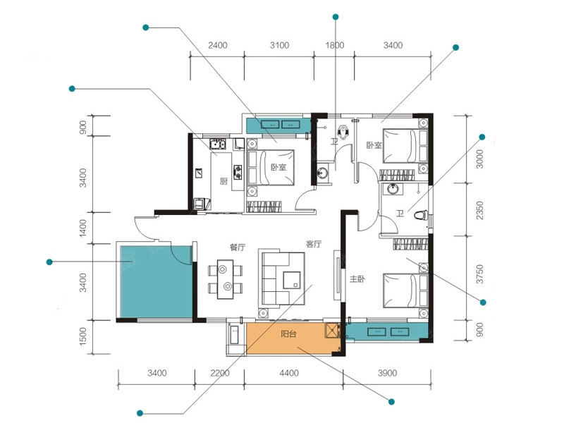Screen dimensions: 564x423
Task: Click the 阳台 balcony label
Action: [x=288, y=333]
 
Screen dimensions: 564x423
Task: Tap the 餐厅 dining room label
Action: [x=238, y=247]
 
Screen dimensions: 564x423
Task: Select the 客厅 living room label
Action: [x=313, y=244]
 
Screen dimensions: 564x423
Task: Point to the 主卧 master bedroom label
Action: [x=357, y=278]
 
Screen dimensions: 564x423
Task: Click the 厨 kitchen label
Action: [x=223, y=181]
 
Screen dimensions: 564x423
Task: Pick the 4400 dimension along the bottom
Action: [x=289, y=373]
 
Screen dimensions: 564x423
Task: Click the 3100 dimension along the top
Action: [x=279, y=45]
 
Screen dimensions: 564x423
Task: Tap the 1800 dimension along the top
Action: [x=335, y=45]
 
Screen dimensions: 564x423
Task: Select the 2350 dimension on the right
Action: [x=480, y=211]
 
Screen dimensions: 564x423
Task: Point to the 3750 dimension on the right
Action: [x=480, y=274]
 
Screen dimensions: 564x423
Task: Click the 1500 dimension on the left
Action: [x=82, y=336]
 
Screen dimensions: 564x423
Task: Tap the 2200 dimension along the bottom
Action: [x=220, y=373]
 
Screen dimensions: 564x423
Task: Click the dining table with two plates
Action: [x=225, y=278]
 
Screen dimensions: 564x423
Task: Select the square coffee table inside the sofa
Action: [x=292, y=280]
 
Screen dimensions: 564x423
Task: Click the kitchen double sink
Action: [x=218, y=144]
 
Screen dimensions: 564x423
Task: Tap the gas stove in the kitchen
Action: [x=238, y=172]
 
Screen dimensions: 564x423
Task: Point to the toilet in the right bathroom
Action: [x=420, y=216]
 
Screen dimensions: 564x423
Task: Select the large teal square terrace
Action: [x=157, y=281]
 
